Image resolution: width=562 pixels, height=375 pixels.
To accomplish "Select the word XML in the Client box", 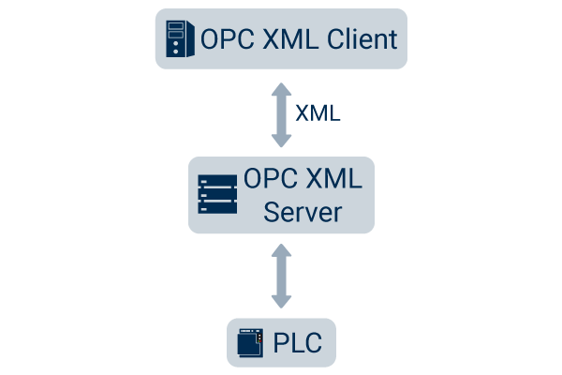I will (278, 39).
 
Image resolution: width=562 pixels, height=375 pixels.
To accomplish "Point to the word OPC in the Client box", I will (223, 39).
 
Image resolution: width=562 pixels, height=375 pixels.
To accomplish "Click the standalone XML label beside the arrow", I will (318, 113).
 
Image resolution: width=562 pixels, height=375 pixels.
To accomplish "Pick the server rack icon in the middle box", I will (216, 195).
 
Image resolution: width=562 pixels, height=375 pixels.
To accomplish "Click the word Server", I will (302, 212).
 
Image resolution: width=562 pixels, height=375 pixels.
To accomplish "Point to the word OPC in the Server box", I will (267, 178).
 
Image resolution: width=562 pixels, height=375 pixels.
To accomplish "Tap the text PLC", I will (298, 344).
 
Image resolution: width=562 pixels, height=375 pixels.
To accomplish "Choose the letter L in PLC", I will (297, 344).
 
